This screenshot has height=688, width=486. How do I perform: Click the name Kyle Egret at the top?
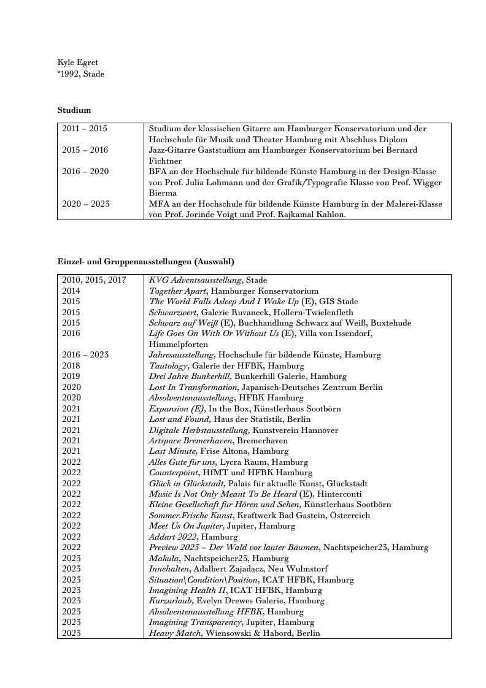[x=78, y=63]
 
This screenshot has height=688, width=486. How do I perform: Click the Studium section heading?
[x=74, y=110]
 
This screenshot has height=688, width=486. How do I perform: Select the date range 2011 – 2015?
[x=85, y=129]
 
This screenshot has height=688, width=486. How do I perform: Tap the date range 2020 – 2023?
[x=86, y=204]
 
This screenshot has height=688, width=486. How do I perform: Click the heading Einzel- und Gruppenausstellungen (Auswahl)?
[x=146, y=262]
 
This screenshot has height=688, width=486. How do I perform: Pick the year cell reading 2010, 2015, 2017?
[x=94, y=280]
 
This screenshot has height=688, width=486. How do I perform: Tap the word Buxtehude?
[x=392, y=323]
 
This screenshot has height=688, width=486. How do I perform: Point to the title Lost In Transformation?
[x=194, y=388]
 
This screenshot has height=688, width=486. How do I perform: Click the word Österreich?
[x=350, y=516]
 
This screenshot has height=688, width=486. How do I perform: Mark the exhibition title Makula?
[x=164, y=559]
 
